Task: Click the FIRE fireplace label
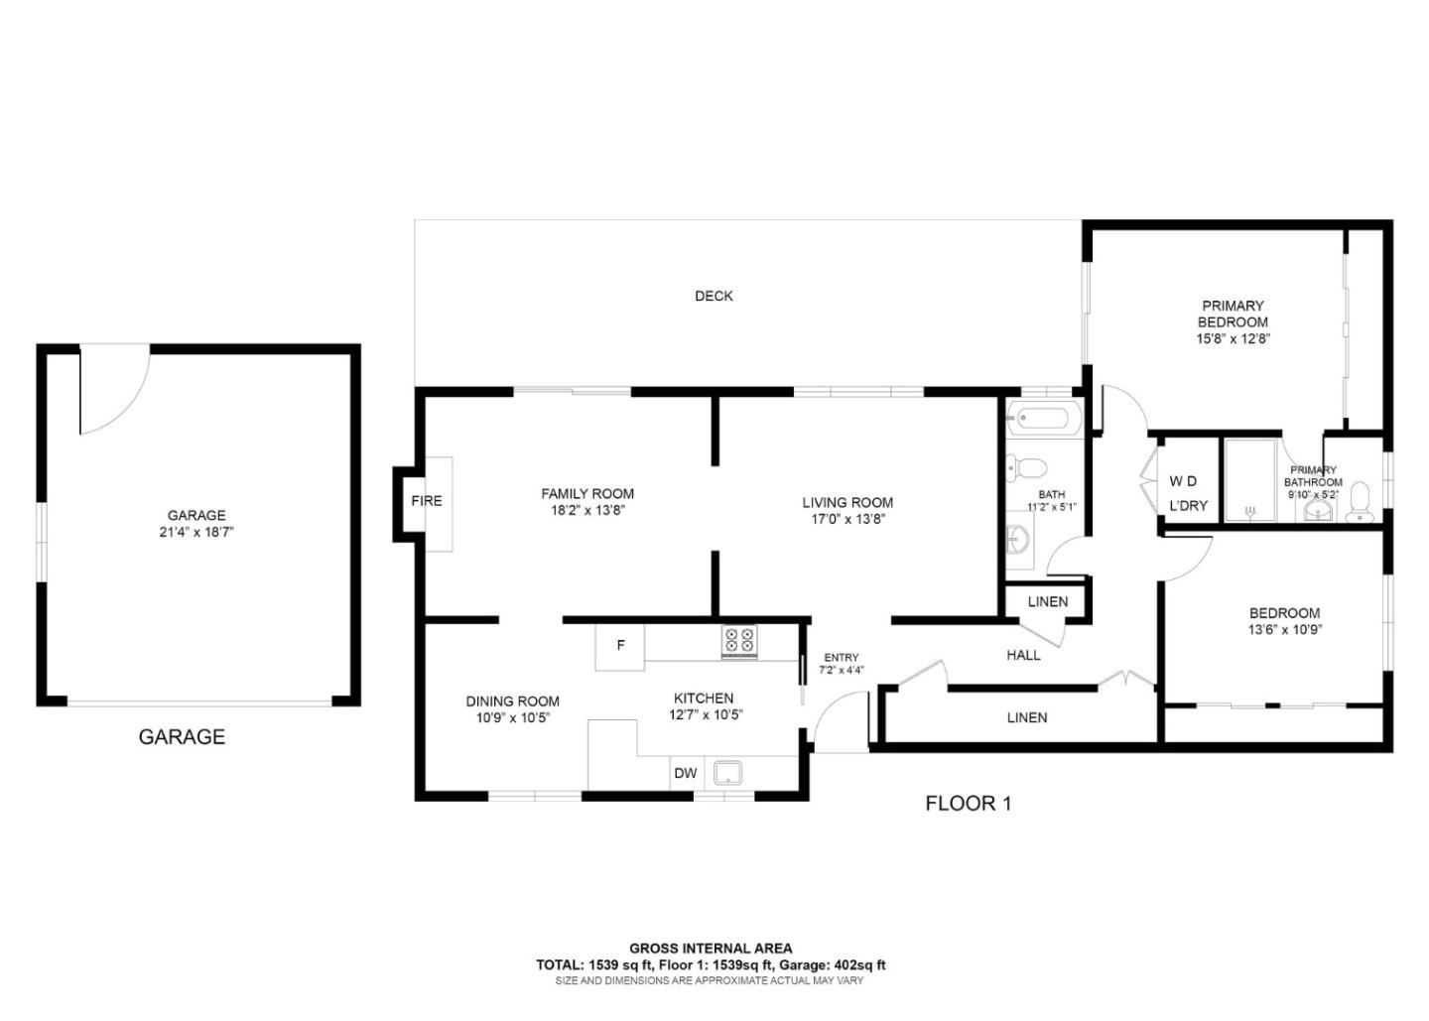click(x=427, y=501)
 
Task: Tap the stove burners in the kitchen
click(x=738, y=641)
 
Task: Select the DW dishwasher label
click(x=686, y=773)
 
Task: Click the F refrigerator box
click(x=620, y=646)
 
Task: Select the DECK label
click(x=714, y=296)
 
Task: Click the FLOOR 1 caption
click(x=968, y=803)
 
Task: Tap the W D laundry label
click(x=1182, y=481)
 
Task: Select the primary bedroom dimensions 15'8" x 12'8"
click(x=1233, y=337)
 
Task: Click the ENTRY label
click(x=841, y=657)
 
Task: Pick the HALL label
click(x=1023, y=655)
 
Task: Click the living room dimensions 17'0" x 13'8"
click(x=846, y=519)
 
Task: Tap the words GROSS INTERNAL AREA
click(x=711, y=949)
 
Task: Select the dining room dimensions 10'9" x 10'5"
click(x=512, y=717)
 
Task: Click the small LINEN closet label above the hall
click(x=1047, y=601)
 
